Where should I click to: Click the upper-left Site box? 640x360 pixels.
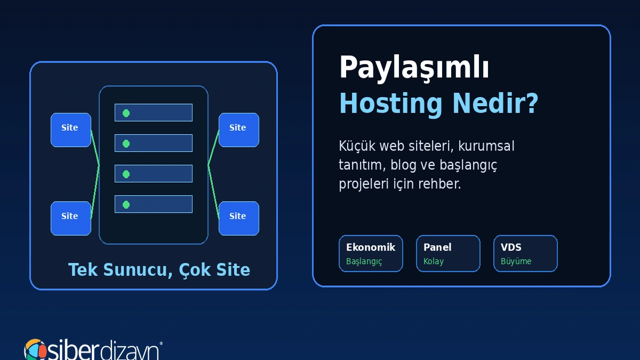tap(71, 130)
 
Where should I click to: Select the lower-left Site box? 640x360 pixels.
tap(71, 218)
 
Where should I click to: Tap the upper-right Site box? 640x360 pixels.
tap(239, 130)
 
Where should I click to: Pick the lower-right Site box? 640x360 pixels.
tap(239, 218)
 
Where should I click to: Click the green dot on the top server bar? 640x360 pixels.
tap(126, 113)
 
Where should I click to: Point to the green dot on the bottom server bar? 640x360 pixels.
tap(126, 205)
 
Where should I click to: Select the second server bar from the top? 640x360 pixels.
tap(154, 143)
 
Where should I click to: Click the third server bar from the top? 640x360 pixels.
tap(154, 173)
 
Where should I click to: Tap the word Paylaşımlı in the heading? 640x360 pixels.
tap(414, 68)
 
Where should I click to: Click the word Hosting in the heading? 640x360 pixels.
tap(391, 104)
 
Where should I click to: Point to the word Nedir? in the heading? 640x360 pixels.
tap(495, 103)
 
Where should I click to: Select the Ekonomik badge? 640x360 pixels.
tap(371, 253)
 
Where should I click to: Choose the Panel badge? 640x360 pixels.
tap(448, 253)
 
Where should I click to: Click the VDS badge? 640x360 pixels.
tap(525, 253)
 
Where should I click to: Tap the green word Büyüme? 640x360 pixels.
tap(516, 261)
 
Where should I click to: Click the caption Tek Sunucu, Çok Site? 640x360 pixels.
tap(159, 270)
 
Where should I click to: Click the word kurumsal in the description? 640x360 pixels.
tap(486, 146)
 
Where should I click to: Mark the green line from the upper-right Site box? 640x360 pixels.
tap(213, 147)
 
